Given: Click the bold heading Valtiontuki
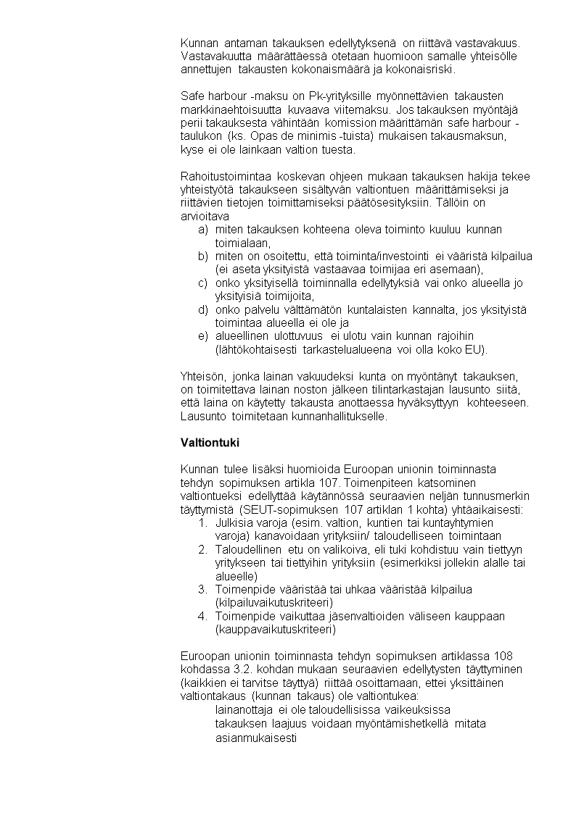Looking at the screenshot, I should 209,443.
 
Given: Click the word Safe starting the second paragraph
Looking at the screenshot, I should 193,96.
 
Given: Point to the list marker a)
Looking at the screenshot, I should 203,230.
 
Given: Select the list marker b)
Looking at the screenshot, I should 203,257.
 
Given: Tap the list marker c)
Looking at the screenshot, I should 203,283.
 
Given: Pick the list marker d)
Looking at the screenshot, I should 203,310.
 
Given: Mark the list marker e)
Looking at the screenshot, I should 203,336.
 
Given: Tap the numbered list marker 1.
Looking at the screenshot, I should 203,522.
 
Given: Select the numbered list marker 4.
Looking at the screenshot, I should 203,617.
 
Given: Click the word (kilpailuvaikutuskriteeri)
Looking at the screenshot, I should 273,603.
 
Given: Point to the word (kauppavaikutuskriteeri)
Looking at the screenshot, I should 276,630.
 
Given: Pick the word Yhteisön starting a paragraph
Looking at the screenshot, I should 203,376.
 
